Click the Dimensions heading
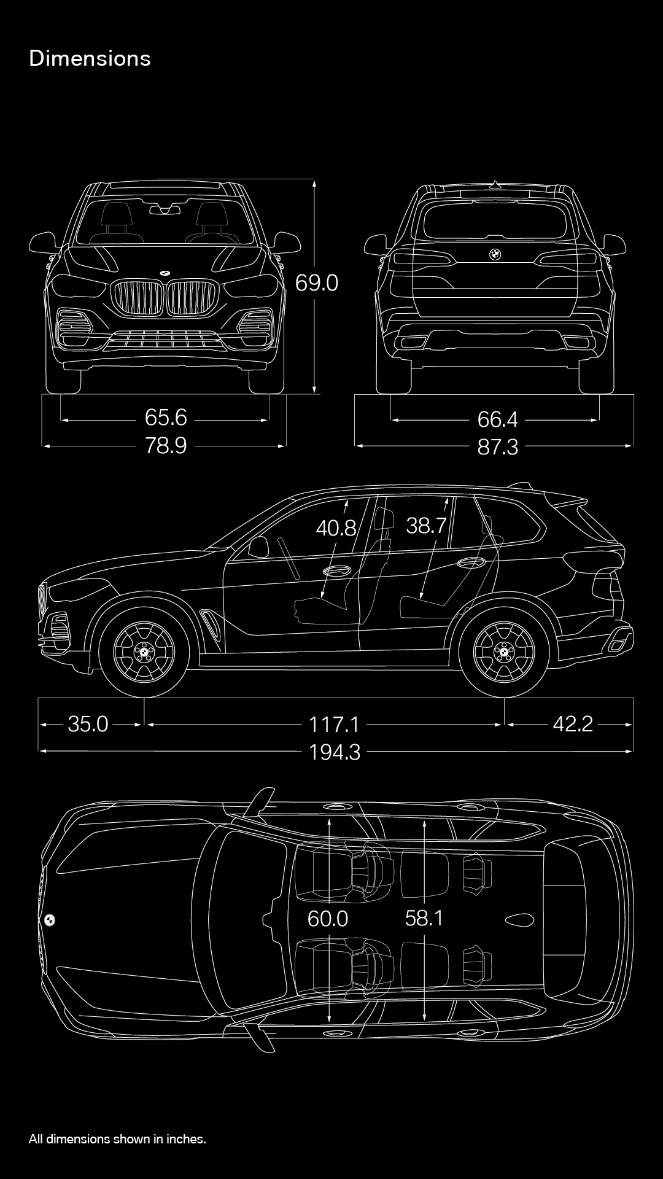tap(90, 58)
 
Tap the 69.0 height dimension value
tap(317, 282)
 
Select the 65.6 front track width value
tap(166, 417)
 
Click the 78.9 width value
tap(166, 445)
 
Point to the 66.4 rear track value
tap(498, 419)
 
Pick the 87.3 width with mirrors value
tap(498, 447)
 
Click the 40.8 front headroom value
tap(336, 527)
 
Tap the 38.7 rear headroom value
tap(426, 525)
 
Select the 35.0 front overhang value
tap(88, 724)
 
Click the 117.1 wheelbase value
tap(334, 724)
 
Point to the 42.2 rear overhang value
tap(573, 724)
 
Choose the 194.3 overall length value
tap(335, 752)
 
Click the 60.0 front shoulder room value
tap(328, 919)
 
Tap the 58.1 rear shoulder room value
tap(424, 918)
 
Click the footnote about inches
tap(117, 1139)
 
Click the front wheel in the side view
tap(144, 652)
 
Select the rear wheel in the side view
tap(504, 652)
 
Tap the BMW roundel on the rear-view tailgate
tap(495, 254)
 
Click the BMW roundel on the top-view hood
tap(49, 919)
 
